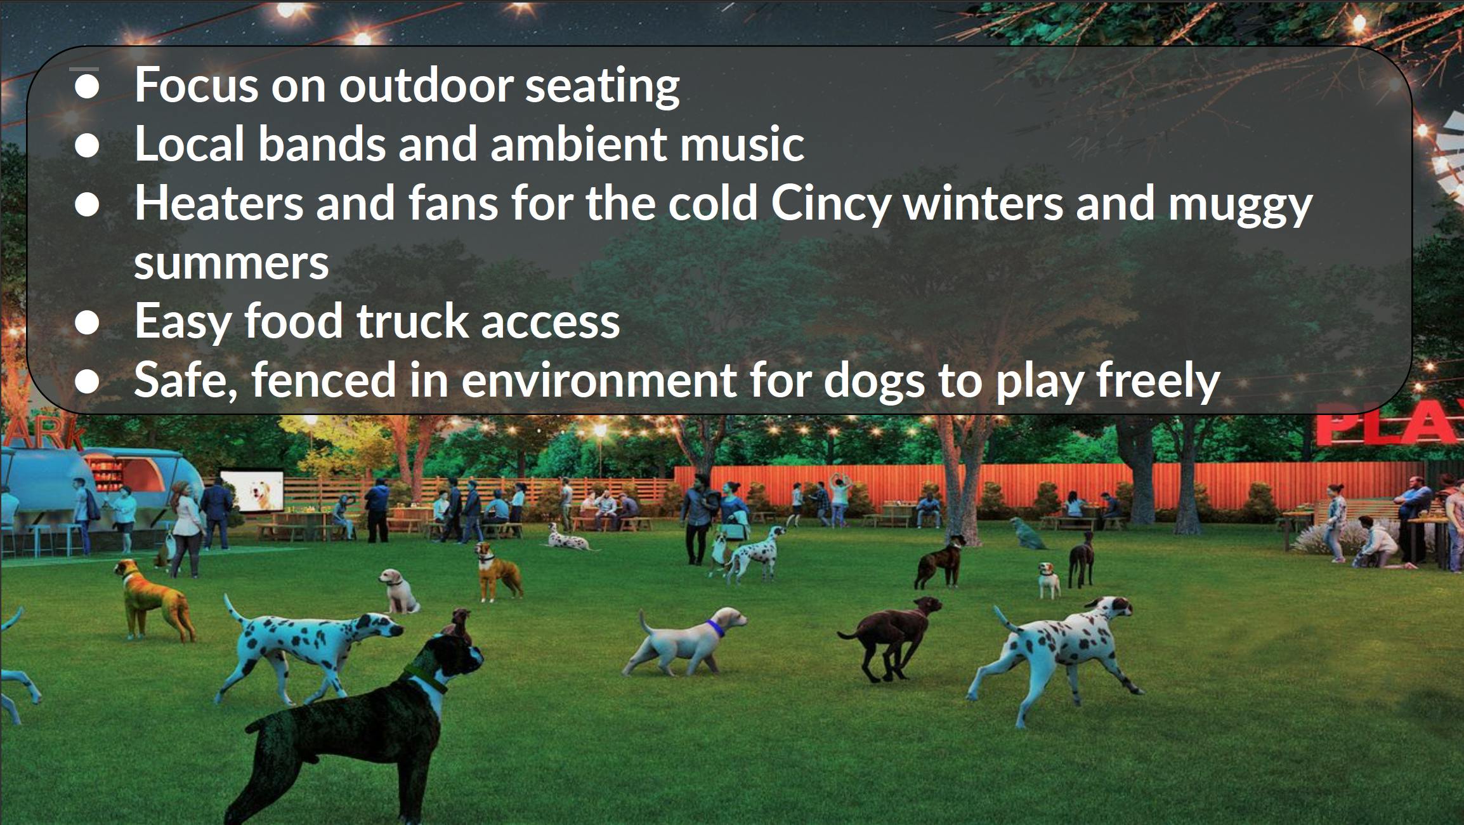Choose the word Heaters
point(219,203)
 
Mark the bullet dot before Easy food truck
point(87,322)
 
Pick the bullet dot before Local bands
point(87,145)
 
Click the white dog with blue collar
point(685,641)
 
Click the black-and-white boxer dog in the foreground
point(355,723)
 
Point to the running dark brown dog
point(891,638)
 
